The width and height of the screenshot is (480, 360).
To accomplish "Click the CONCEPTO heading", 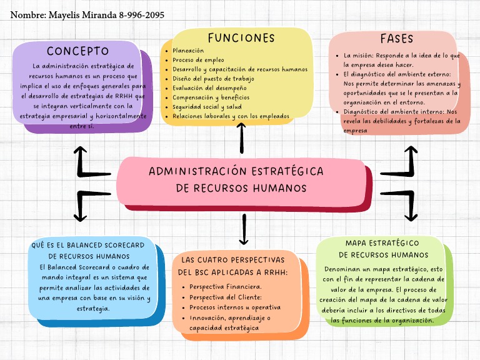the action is coord(78,51).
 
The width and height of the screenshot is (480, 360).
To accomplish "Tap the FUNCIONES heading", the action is coord(241,38).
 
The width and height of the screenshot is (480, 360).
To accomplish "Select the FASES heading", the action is coord(397,39).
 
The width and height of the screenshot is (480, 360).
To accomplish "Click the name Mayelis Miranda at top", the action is coord(82,14).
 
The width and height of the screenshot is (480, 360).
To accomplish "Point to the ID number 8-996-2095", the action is coord(141,14).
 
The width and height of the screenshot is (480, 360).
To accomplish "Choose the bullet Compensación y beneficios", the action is coord(211,97).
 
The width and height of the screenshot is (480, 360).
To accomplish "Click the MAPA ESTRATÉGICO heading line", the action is coord(382,242).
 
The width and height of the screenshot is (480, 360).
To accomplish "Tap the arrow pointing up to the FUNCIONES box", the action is coord(242,137).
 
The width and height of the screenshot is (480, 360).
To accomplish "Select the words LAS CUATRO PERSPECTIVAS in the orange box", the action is coord(233,259).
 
